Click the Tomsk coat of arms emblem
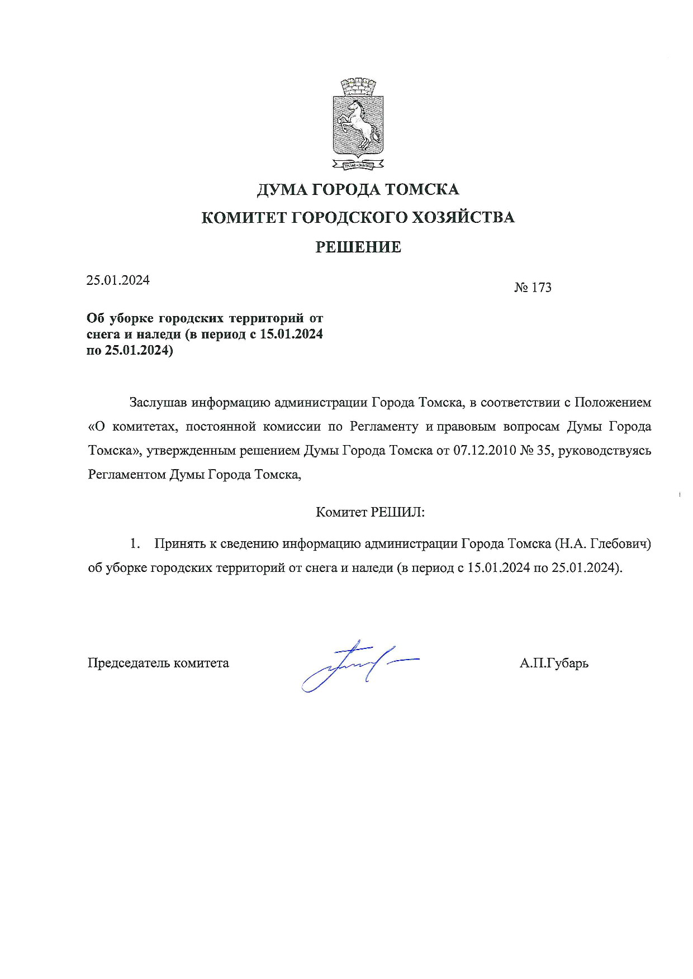coord(358,125)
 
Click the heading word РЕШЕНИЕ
coord(358,247)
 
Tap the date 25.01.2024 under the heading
coord(118,280)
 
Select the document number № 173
coord(533,288)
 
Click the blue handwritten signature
coord(358,665)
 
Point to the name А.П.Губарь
coord(554,663)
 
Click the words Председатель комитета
coord(158,663)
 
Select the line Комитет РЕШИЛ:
coord(371,512)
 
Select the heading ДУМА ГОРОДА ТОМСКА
coord(358,190)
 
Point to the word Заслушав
coord(158,402)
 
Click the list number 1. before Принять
coord(134,543)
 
